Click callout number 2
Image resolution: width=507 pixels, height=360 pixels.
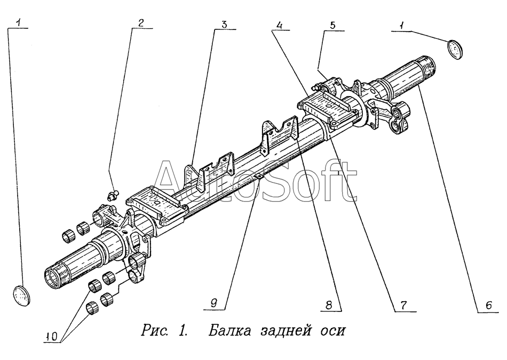[x=141, y=22]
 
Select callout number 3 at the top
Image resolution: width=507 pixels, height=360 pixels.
[x=224, y=24]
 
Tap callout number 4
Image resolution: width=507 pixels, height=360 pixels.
[x=280, y=25]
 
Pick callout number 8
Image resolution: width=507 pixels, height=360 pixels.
[x=330, y=305]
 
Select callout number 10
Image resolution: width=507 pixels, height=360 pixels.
[x=52, y=337]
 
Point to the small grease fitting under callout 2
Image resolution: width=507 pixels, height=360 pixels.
[x=113, y=194]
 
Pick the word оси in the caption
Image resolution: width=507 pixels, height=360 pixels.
[x=334, y=331]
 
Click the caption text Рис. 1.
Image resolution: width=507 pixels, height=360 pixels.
[x=164, y=330]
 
